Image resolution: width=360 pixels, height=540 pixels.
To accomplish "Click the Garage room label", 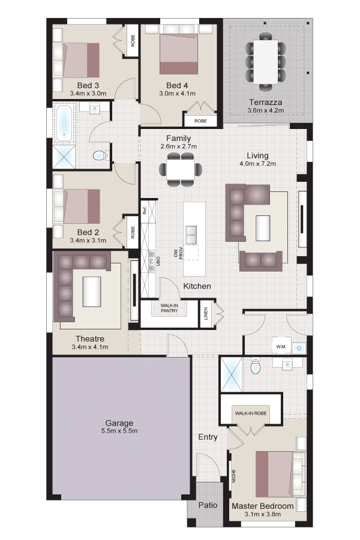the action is click(x=119, y=423).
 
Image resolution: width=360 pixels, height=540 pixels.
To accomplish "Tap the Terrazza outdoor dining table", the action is click(x=266, y=62).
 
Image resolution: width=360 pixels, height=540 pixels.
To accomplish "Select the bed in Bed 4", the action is click(x=179, y=54).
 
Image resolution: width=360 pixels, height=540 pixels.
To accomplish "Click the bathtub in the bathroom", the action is click(x=64, y=123).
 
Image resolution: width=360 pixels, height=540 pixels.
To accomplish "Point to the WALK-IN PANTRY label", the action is click(x=169, y=308).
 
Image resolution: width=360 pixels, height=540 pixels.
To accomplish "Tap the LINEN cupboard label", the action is click(x=206, y=313).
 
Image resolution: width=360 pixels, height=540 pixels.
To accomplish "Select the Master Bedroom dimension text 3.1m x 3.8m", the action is click(x=263, y=514).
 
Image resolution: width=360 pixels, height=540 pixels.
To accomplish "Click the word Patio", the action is click(x=208, y=505).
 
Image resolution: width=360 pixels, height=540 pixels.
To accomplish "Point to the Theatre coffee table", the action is click(x=92, y=292).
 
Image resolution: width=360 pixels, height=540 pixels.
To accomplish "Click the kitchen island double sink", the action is click(x=191, y=235).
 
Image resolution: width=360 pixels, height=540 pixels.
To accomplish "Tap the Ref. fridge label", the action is click(x=145, y=210).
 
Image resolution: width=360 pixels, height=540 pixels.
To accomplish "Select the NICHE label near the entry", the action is click(x=233, y=476).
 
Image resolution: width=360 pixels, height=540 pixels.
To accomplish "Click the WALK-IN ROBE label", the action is click(x=251, y=413).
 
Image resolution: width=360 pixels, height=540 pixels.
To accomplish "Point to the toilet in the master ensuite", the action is click(x=255, y=366).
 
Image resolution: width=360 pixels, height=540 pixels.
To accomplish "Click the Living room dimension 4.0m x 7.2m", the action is click(x=257, y=164).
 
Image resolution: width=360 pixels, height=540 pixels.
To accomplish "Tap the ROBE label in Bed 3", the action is click(x=133, y=41).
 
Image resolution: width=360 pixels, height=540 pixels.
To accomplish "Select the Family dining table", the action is click(x=181, y=169).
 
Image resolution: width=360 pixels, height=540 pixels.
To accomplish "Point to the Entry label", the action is click(x=208, y=437).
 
